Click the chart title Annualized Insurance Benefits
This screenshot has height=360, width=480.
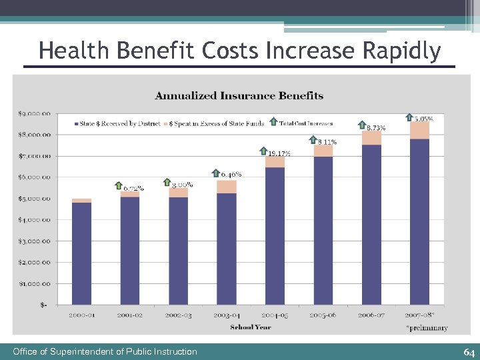[x=239, y=96]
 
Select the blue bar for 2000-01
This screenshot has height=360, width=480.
[x=81, y=253]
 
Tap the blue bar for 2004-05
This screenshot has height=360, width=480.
[x=275, y=237]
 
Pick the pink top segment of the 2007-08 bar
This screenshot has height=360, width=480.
[x=419, y=130]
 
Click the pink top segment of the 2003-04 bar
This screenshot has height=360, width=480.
[x=227, y=187]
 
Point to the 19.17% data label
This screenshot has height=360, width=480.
[x=279, y=154]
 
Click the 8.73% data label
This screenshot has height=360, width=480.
[x=376, y=128]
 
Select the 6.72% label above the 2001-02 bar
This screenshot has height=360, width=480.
[x=133, y=188]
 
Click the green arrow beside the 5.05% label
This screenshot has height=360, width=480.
[x=409, y=117]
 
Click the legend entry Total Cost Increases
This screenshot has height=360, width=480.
[x=305, y=123]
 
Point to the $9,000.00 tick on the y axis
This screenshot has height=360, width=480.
[x=34, y=113]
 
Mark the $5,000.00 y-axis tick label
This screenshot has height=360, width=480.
[x=34, y=199]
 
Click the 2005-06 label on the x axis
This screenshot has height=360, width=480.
[x=323, y=315]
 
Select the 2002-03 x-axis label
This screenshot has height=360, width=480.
[x=178, y=315]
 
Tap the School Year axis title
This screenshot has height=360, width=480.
[x=251, y=327]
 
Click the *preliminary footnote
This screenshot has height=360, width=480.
[x=426, y=328]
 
